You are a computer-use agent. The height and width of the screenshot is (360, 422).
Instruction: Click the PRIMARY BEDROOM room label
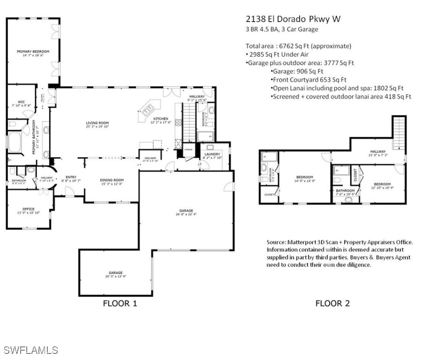point(33,52)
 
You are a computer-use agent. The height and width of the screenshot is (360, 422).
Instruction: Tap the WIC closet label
point(21,101)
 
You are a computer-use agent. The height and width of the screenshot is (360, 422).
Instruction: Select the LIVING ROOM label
point(97,123)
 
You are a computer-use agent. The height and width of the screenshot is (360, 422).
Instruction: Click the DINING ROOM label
point(112,180)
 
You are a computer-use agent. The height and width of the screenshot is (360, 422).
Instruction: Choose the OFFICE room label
point(29,209)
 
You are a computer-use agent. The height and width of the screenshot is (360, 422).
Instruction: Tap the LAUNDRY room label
point(212,154)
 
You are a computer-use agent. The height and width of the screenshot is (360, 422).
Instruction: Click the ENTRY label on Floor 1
point(71,177)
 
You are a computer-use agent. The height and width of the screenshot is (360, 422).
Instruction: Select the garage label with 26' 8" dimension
point(186,211)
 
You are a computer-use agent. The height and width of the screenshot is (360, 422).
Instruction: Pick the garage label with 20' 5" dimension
point(115,273)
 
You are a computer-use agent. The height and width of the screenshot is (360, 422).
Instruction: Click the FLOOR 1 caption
point(120,303)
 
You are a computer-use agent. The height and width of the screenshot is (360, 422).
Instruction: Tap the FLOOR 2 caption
point(332,303)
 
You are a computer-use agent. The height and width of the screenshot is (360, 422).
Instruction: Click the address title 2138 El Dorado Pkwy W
point(293,19)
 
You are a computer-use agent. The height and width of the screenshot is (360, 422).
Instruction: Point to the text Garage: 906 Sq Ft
point(297,71)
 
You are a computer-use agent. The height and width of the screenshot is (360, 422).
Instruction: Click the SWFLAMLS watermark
point(30,350)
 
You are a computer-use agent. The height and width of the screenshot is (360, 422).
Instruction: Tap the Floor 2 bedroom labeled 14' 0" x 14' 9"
point(304,177)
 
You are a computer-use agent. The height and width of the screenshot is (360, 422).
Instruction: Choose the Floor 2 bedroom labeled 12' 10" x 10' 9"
point(382,184)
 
